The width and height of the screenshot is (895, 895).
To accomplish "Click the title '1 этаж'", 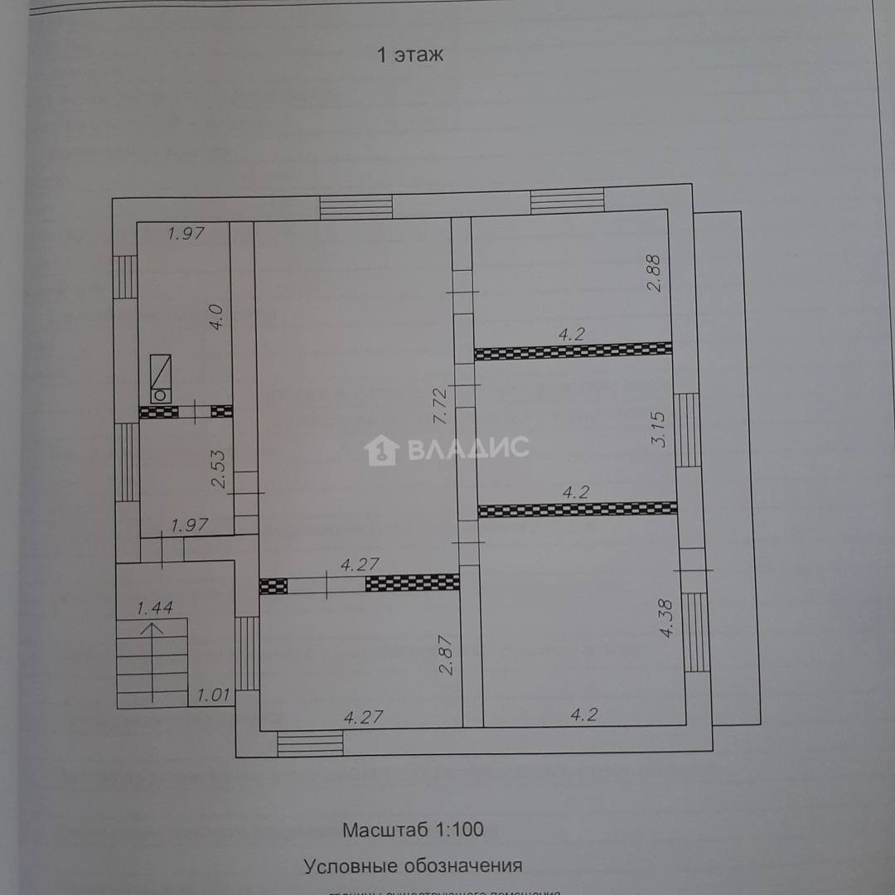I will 410,56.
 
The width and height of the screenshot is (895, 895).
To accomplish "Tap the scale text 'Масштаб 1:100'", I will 413,829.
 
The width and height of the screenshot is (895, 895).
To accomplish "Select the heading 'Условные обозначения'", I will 413,866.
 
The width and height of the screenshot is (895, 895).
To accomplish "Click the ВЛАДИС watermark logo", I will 447,449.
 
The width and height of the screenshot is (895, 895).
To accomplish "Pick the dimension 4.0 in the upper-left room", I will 215,318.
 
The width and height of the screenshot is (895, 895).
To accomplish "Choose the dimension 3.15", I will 660,429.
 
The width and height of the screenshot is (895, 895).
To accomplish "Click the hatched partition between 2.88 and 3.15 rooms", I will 573,351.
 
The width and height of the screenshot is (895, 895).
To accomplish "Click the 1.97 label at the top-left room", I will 186,234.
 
